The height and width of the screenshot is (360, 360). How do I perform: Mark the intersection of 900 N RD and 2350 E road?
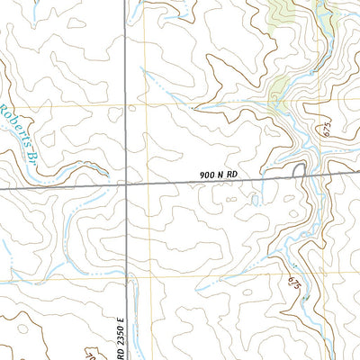(126, 184)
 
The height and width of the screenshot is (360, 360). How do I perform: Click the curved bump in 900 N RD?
(300, 168)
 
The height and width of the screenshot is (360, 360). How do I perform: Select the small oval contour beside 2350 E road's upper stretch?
(133, 108)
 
